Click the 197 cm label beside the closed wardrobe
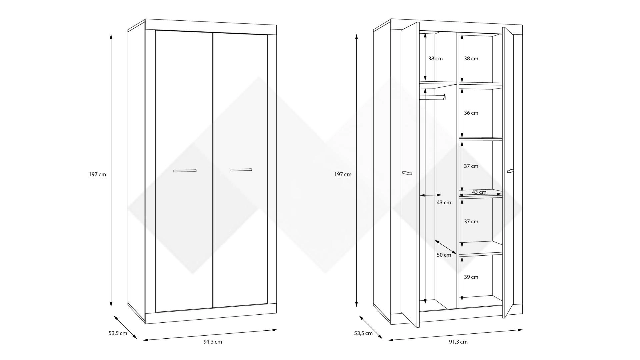pos(97,174)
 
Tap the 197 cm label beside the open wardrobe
pos(343,174)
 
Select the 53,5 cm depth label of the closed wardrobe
pos(118,333)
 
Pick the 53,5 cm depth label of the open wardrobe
pos(363,333)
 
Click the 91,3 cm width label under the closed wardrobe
pos(213,342)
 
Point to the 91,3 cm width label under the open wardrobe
pos(458,342)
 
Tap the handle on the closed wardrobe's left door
pos(185,171)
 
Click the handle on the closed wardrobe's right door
pos(241,170)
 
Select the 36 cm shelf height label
pos(471,113)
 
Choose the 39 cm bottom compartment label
pos(471,277)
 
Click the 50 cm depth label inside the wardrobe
pos(444,255)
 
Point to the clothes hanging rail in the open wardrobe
pos(432,97)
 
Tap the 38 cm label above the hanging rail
pos(435,59)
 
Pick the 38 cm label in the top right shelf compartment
pos(471,59)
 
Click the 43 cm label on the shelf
pos(479,192)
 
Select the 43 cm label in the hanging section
pos(444,203)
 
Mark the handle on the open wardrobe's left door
pos(407,173)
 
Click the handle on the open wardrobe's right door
pos(510,171)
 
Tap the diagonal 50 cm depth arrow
pos(446,247)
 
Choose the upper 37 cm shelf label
pos(471,166)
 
